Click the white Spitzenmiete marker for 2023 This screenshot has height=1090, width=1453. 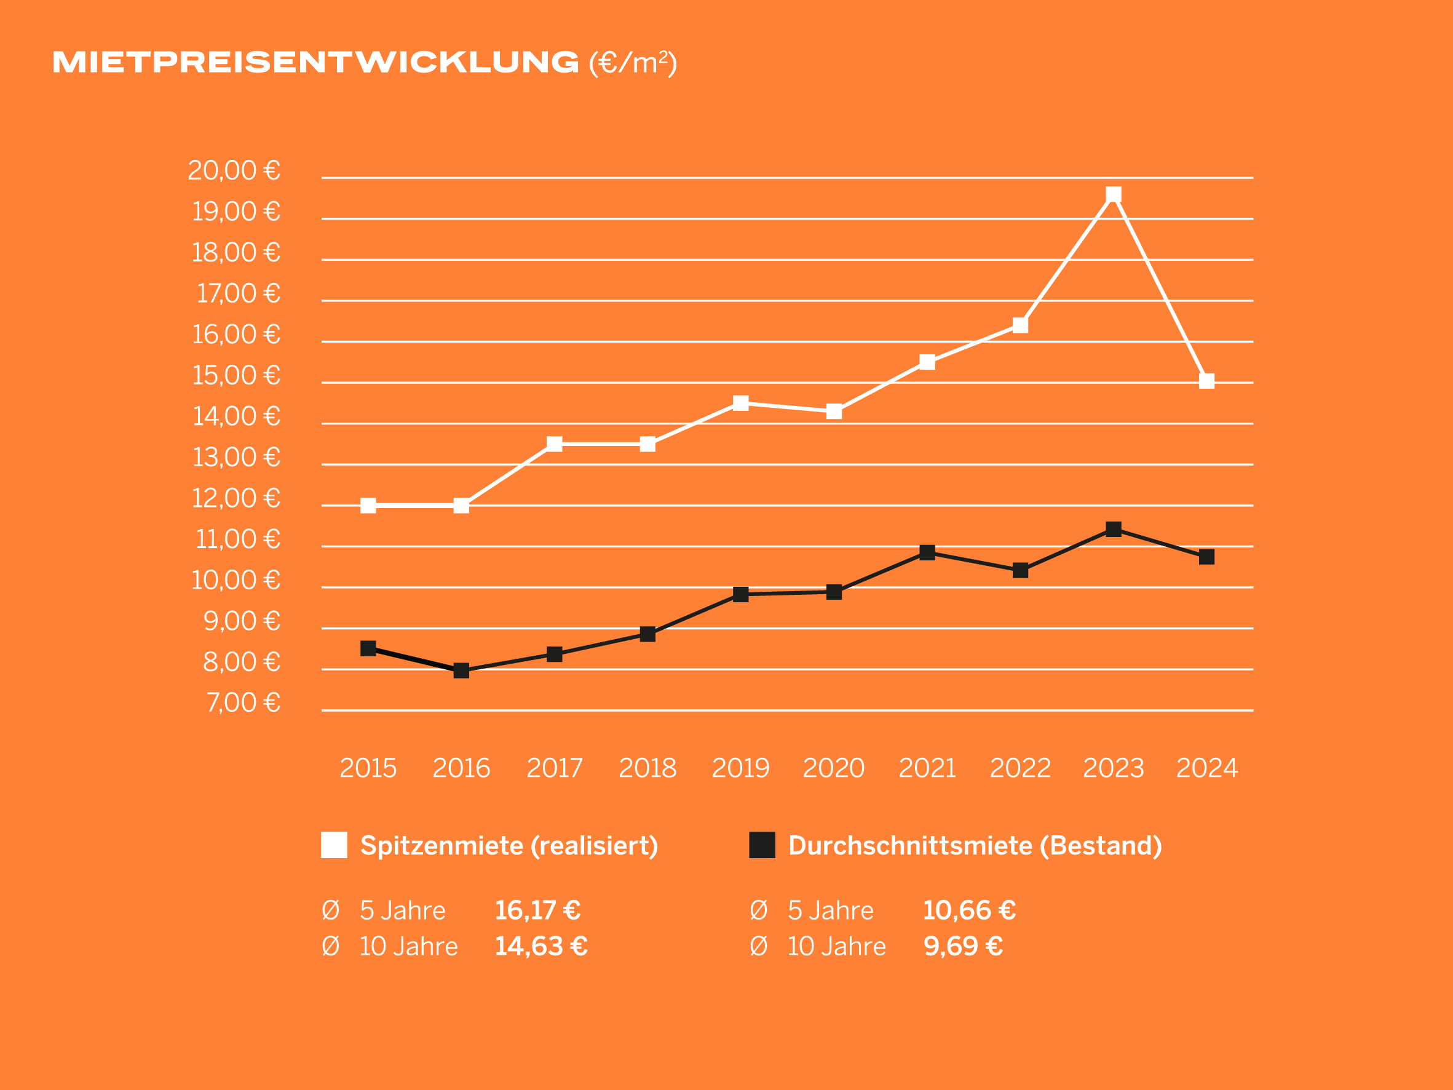click(1114, 194)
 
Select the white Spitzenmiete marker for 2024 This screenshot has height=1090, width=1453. click(1206, 381)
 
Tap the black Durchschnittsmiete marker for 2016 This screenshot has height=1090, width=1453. click(461, 670)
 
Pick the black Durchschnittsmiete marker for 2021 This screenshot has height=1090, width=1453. click(927, 552)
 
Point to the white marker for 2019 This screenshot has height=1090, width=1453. click(740, 403)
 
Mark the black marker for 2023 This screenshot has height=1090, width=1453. click(1114, 530)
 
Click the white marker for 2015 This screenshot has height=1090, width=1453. click(368, 505)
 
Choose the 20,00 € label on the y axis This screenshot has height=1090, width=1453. click(234, 171)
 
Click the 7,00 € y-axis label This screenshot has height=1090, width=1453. click(243, 703)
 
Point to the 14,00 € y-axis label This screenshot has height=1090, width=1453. click(237, 416)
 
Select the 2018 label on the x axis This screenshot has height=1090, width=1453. click(647, 768)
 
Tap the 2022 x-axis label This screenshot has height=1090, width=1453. click(1020, 768)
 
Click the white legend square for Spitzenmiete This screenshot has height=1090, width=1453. click(334, 845)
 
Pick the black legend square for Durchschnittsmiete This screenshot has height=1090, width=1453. click(762, 845)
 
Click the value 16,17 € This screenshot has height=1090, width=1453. click(537, 910)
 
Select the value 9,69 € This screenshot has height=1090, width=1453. click(963, 946)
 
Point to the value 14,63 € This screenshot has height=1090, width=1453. click(540, 946)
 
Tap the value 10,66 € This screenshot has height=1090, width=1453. click(969, 910)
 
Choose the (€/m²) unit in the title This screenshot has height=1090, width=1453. click(633, 63)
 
